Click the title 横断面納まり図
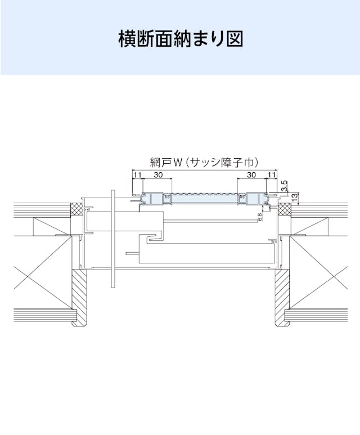(181, 39)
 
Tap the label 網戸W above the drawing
(166, 163)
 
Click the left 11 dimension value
(137, 175)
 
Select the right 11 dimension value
(272, 175)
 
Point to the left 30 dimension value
(158, 175)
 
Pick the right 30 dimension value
(251, 175)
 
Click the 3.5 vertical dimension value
(285, 186)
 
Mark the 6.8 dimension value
(260, 217)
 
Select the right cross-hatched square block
(284, 209)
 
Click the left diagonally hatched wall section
(79, 298)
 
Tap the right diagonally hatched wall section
(282, 298)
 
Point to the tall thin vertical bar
(112, 239)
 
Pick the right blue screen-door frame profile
(253, 199)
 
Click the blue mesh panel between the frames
(204, 198)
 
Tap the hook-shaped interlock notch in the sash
(155, 237)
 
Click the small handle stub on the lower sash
(132, 253)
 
